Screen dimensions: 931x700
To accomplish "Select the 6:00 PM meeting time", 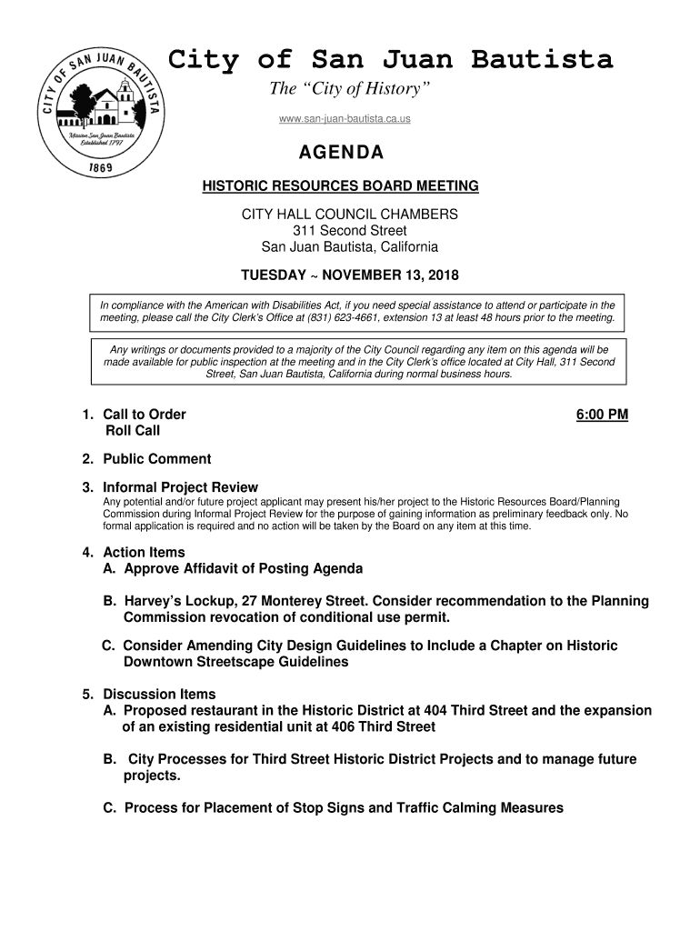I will pyautogui.click(x=602, y=415).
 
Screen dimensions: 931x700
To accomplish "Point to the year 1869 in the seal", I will pyautogui.click(x=101, y=169).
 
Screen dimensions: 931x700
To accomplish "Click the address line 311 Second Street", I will pyautogui.click(x=349, y=231).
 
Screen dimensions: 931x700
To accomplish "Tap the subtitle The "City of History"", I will pyautogui.click(x=349, y=90).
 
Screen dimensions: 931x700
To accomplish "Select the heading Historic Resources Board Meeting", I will pyautogui.click(x=340, y=186).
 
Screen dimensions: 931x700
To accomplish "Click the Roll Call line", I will pyautogui.click(x=133, y=431).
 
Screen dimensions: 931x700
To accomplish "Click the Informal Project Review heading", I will pyautogui.click(x=180, y=487).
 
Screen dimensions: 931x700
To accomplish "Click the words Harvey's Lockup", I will pyautogui.click(x=177, y=601).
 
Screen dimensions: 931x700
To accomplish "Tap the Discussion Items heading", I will pyautogui.click(x=159, y=694).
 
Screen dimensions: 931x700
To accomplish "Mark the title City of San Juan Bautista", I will pyautogui.click(x=391, y=60).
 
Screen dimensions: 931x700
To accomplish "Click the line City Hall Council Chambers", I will pyautogui.click(x=349, y=215).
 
